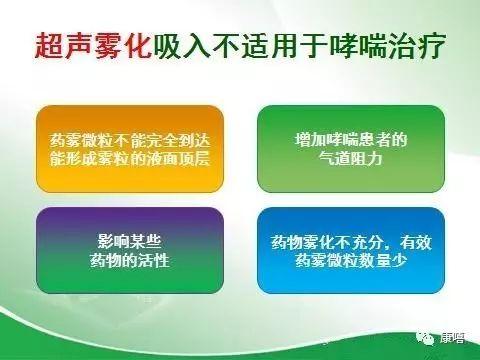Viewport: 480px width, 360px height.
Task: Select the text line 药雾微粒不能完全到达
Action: pos(129,140)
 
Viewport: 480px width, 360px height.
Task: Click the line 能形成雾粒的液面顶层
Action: pos(129,159)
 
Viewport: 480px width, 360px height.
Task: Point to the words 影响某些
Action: pos(129,243)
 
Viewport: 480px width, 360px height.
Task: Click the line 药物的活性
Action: pos(129,263)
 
